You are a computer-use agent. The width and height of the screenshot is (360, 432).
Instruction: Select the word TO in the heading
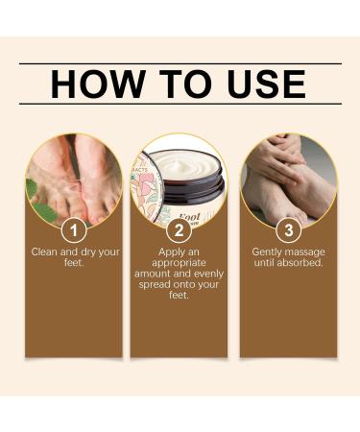(x=179, y=84)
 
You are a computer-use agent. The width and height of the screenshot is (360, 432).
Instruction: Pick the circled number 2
(x=179, y=230)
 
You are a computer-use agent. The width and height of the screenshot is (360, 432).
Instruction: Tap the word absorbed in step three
(x=299, y=263)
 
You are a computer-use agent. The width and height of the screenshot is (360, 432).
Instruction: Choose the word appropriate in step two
(x=180, y=263)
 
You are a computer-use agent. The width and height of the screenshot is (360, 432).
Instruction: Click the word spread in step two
(x=158, y=285)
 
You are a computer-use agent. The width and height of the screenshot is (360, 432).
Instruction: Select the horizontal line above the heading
(x=180, y=63)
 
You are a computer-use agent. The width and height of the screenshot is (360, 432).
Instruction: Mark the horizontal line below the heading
(x=180, y=103)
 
